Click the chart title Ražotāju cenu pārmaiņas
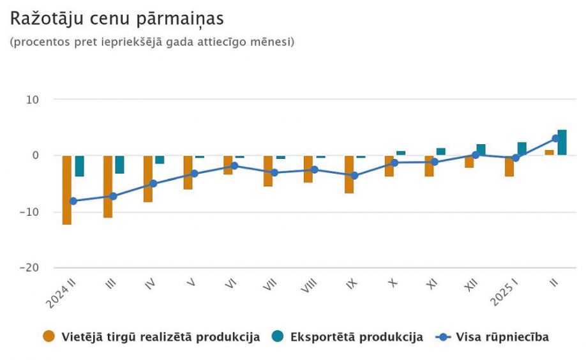click(x=117, y=19)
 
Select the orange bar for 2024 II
click(x=67, y=190)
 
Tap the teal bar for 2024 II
click(x=80, y=166)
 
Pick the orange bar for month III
click(x=108, y=186)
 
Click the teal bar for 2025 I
click(x=522, y=149)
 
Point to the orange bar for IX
click(x=349, y=174)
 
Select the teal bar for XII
click(x=481, y=150)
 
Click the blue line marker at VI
click(x=234, y=165)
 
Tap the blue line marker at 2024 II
click(x=73, y=201)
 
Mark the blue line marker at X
click(x=394, y=163)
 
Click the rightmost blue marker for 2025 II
click(x=555, y=139)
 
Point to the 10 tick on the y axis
click(x=33, y=100)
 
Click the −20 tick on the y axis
click(x=29, y=268)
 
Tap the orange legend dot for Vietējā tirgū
click(x=49, y=337)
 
